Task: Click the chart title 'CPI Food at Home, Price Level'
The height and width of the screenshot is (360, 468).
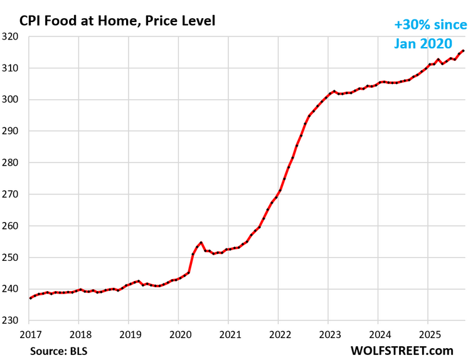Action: pyautogui.click(x=117, y=21)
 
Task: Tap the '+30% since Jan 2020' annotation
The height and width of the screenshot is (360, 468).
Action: pyautogui.click(x=430, y=34)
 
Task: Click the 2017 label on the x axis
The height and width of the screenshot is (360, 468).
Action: pyautogui.click(x=29, y=334)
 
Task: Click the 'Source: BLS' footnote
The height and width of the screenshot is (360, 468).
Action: pyautogui.click(x=59, y=351)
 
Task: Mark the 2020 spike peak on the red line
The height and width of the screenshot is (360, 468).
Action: pyautogui.click(x=201, y=242)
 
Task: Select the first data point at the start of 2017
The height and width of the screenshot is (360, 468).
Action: pyautogui.click(x=29, y=298)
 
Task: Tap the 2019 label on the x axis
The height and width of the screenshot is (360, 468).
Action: pyautogui.click(x=129, y=334)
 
